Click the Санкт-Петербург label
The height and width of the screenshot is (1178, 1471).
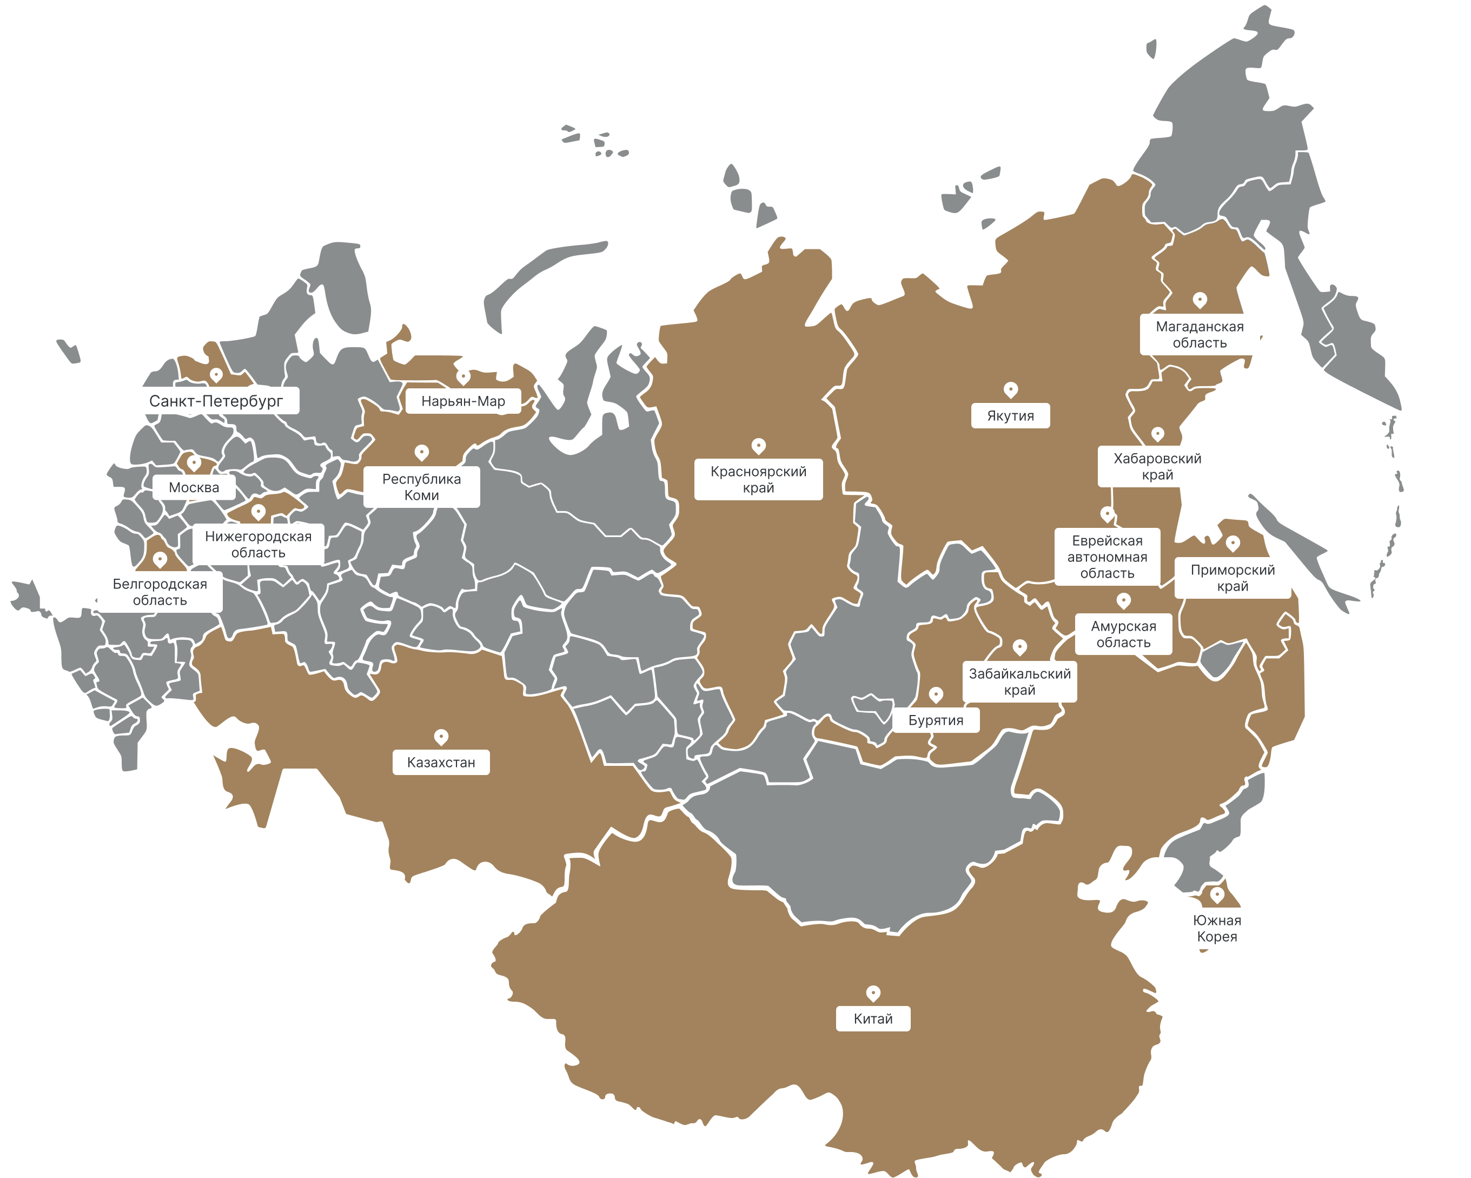[216, 401]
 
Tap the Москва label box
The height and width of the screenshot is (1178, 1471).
[194, 487]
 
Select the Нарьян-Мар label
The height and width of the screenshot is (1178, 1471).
[463, 401]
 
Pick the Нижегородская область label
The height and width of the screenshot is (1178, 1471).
[258, 544]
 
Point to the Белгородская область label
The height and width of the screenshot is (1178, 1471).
[160, 592]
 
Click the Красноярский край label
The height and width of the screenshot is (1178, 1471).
[758, 479]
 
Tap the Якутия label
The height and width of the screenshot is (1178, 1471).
[1010, 415]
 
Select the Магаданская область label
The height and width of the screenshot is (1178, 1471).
[1200, 334]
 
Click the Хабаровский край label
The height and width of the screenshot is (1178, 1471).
[1157, 466]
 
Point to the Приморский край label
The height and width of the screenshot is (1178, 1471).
[1232, 578]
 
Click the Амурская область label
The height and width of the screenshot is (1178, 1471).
[1123, 634]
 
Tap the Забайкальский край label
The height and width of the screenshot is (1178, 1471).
[1019, 681]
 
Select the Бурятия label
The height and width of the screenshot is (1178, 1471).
[936, 720]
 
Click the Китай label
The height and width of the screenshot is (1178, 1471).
[873, 1018]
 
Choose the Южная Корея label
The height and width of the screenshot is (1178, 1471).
[1216, 928]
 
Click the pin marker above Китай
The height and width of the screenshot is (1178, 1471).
[873, 992]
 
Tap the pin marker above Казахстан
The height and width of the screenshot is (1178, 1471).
[441, 737]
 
